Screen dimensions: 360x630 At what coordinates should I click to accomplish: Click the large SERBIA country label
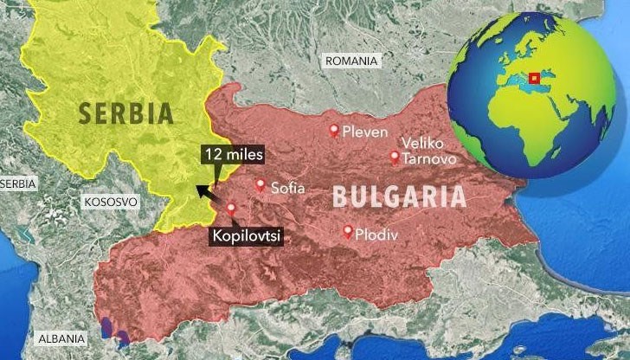125,113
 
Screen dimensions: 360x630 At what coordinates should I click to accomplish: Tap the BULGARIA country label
399,196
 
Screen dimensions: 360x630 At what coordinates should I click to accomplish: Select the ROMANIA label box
350,61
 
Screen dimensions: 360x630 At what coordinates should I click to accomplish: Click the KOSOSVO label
111,202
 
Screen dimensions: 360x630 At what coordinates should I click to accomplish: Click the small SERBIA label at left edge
18,183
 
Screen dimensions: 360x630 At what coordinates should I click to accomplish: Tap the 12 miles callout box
234,155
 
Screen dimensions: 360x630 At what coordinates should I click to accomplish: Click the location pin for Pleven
334,130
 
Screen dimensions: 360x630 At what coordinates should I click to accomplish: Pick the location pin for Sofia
260,184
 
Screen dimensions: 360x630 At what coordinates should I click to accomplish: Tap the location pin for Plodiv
348,231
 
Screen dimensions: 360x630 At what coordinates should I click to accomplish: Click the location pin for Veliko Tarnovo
395,157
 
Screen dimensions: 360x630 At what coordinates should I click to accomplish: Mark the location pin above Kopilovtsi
230,208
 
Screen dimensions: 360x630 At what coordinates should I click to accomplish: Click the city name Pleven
364,132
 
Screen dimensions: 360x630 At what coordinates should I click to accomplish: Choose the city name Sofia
288,186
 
